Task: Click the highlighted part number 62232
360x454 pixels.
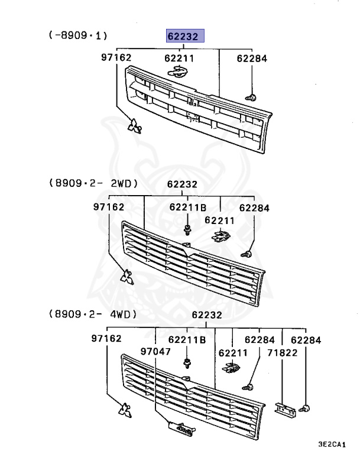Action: [184, 36]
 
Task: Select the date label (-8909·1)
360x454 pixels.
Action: [77, 36]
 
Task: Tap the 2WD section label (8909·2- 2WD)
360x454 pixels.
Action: [94, 184]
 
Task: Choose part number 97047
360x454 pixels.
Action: [155, 352]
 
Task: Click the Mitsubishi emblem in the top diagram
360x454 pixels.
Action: [136, 126]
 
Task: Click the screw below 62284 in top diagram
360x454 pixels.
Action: [251, 96]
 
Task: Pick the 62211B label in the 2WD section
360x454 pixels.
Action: [187, 207]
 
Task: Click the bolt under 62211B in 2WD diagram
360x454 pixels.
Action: [187, 229]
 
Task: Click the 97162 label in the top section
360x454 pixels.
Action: [116, 58]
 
